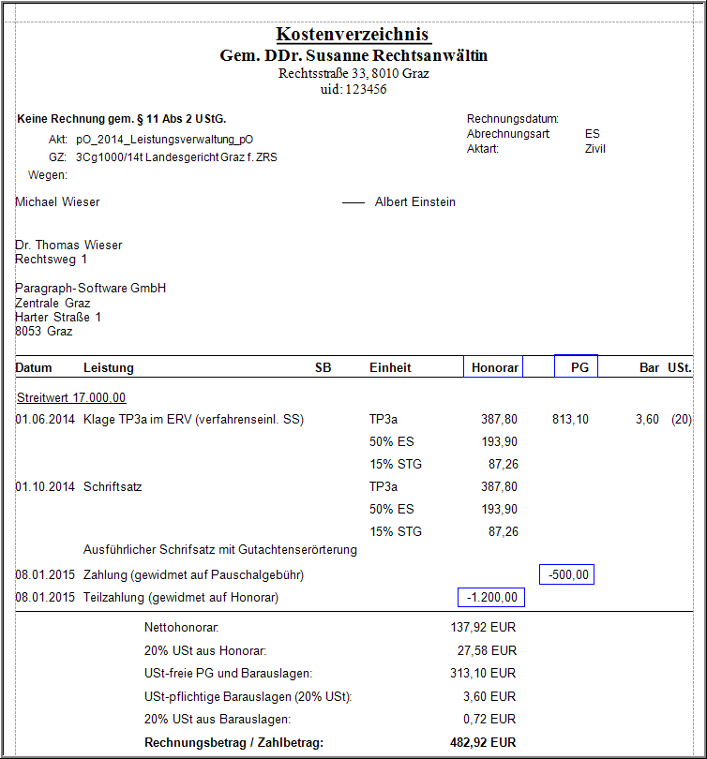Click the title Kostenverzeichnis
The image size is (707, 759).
pos(353,35)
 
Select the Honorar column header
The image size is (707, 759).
pos(494,367)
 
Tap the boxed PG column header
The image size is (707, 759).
pos(577,367)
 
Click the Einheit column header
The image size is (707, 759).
pos(390,367)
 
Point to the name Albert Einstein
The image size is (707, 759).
pos(415,201)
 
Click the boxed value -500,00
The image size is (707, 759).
pos(567,574)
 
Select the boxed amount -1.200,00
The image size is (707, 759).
pos(492,598)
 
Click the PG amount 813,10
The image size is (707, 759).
pos(570,419)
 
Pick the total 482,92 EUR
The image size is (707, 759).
pos(483,743)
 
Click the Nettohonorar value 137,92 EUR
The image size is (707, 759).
pos(483,627)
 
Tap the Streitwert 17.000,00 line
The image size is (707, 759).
pos(71,397)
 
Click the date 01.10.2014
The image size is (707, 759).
pos(44,486)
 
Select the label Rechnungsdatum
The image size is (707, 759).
pos(513,119)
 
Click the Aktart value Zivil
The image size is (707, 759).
pos(595,149)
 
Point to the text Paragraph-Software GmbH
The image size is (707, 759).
pos(91,288)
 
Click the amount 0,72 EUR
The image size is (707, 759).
pos(490,720)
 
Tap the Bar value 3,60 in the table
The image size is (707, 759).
pos(647,419)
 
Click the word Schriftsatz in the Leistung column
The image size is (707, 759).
pos(113,486)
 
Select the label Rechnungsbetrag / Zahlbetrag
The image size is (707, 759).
pos(233,743)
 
